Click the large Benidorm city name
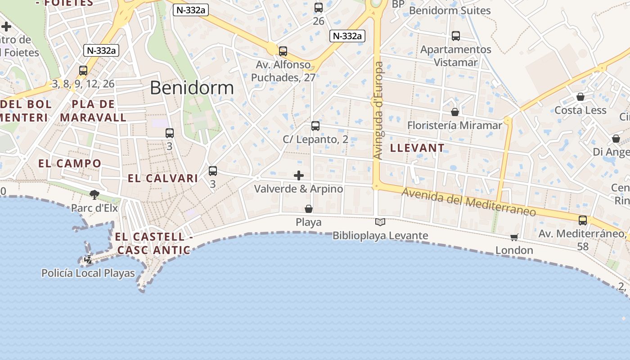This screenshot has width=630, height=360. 192,88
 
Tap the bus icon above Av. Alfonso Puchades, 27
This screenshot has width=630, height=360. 283,51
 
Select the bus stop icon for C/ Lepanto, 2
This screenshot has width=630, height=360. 315,126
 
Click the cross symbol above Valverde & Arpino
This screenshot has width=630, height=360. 299,175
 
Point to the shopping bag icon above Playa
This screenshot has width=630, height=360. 309,209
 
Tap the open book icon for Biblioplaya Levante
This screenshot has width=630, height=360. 380,222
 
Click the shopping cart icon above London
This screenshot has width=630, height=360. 514,237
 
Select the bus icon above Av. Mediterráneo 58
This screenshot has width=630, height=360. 583,220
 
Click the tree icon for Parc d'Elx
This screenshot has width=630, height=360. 94,194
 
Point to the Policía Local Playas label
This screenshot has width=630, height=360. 88,273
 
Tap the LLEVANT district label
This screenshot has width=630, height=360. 417,148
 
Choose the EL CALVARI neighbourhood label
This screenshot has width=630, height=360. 163,178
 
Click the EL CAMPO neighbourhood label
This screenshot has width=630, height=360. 70,163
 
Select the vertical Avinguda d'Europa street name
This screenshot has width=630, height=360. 378,110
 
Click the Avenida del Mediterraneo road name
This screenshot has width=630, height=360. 468,202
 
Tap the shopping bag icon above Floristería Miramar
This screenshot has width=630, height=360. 455,112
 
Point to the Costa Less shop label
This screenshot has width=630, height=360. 580,110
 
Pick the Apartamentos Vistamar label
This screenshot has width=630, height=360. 455,56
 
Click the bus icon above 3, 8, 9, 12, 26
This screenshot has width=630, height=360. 83,71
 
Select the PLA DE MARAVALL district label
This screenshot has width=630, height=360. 94,111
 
